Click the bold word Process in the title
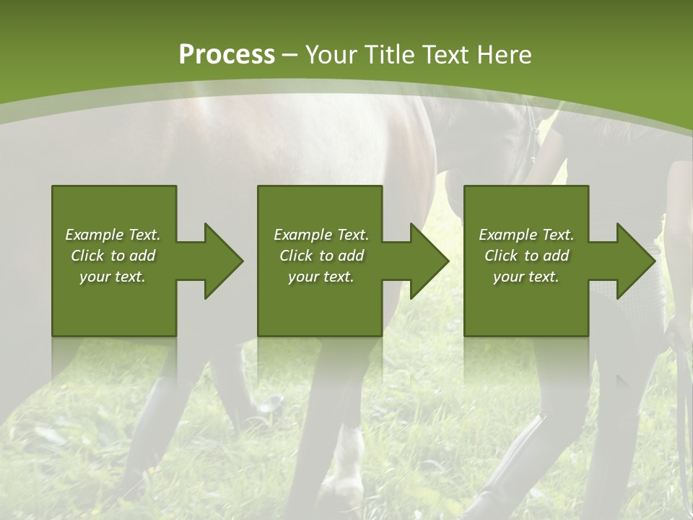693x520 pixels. pyautogui.click(x=227, y=54)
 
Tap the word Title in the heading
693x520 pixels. pyautogui.click(x=389, y=55)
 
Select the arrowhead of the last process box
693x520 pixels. pyautogui.click(x=635, y=261)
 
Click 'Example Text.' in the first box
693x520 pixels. pyautogui.click(x=113, y=235)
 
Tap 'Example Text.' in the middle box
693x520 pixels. pyautogui.click(x=321, y=235)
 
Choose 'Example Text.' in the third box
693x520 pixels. pyautogui.click(x=526, y=235)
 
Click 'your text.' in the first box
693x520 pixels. pyautogui.click(x=113, y=277)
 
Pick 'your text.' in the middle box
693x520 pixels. pyautogui.click(x=321, y=277)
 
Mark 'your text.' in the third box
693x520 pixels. pyautogui.click(x=526, y=277)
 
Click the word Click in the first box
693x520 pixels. pyautogui.click(x=88, y=256)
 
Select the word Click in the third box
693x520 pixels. pyautogui.click(x=502, y=256)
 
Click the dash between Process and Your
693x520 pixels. pyautogui.click(x=289, y=55)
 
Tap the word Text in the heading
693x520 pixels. pyautogui.click(x=445, y=55)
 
